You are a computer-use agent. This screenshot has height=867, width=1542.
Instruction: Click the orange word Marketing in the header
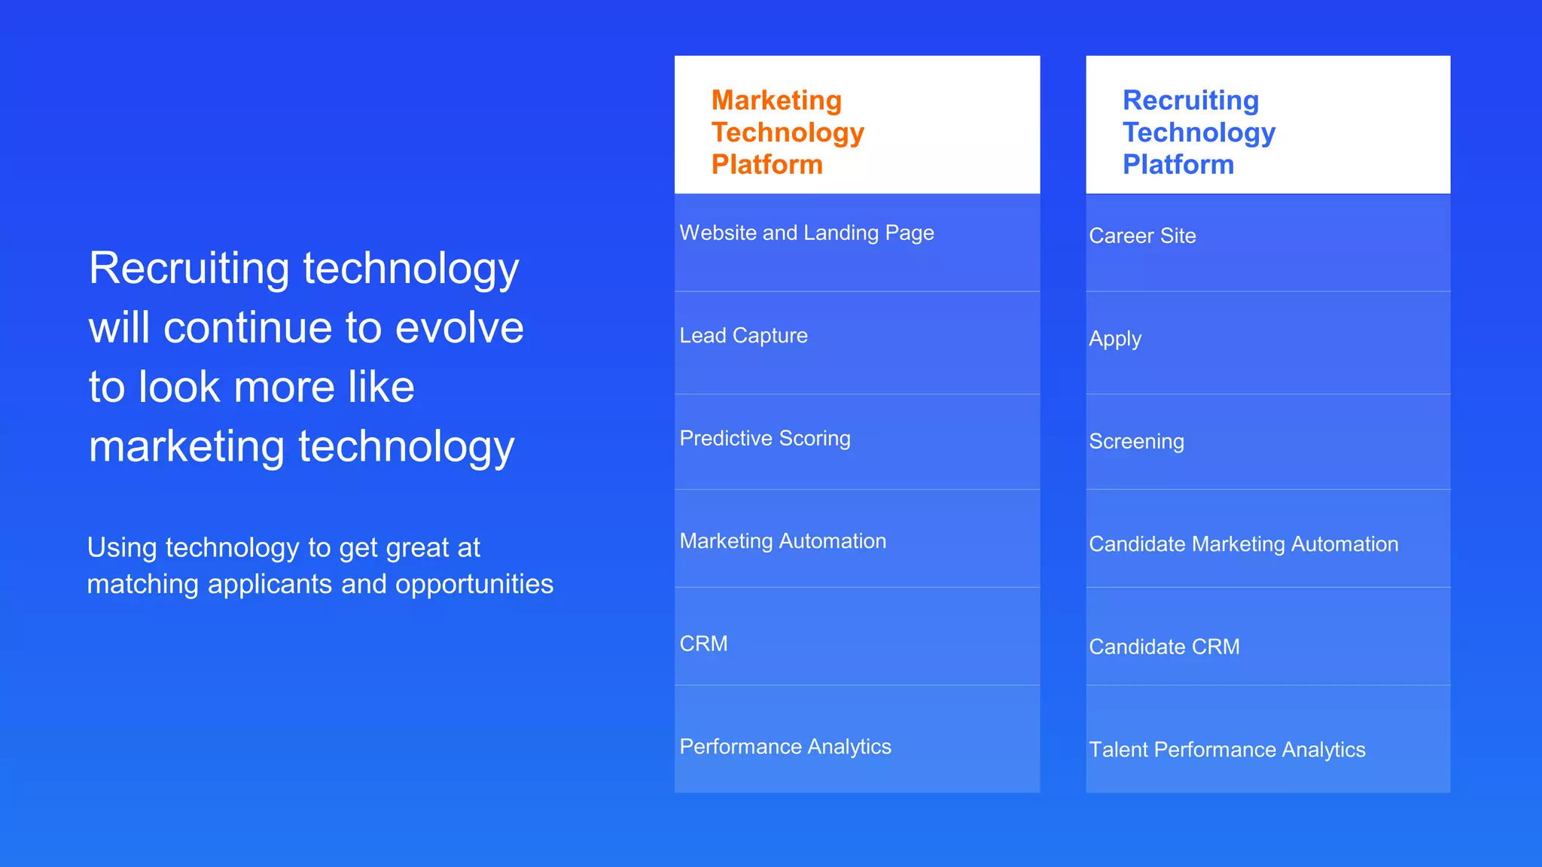pyautogui.click(x=776, y=100)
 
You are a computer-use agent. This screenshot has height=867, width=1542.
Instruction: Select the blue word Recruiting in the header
pyautogui.click(x=1190, y=100)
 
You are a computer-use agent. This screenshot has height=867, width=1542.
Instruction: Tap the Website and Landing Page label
pyautogui.click(x=806, y=233)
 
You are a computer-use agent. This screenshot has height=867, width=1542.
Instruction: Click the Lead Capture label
pyautogui.click(x=743, y=336)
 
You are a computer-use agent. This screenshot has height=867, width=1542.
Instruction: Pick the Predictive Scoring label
pyautogui.click(x=765, y=439)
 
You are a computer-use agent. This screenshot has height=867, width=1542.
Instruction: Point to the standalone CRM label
pyautogui.click(x=703, y=644)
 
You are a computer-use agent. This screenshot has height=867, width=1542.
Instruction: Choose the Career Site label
pyautogui.click(x=1142, y=236)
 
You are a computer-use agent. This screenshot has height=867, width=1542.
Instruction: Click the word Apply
pyautogui.click(x=1115, y=339)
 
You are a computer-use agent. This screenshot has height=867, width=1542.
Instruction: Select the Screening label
pyautogui.click(x=1136, y=442)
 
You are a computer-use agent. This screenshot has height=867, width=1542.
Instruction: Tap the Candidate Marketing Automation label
pyautogui.click(x=1243, y=544)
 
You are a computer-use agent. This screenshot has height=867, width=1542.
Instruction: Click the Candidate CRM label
pyautogui.click(x=1164, y=647)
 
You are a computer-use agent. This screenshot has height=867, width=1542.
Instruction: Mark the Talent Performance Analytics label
pyautogui.click(x=1227, y=750)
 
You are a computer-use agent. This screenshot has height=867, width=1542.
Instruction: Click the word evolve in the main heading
pyautogui.click(x=459, y=328)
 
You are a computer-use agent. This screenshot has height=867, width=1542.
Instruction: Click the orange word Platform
pyautogui.click(x=766, y=165)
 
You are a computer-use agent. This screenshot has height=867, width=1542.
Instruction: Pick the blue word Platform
pyautogui.click(x=1178, y=165)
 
